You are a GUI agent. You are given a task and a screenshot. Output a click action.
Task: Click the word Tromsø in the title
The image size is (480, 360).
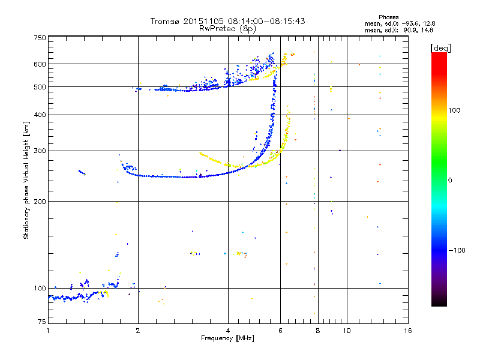[x=166, y=21]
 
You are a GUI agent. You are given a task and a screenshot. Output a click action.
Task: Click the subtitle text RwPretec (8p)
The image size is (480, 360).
[x=227, y=29]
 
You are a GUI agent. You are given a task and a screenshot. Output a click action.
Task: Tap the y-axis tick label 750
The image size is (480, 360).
[x=40, y=38]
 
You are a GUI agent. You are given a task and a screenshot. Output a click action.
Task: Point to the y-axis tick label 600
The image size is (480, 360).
[x=40, y=64]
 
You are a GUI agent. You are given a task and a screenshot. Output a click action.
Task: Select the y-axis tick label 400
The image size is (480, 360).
[x=40, y=115]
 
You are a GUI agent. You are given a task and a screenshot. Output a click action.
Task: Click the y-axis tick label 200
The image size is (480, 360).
[x=40, y=202]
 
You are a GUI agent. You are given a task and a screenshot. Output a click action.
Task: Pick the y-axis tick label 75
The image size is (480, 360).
[x=42, y=322]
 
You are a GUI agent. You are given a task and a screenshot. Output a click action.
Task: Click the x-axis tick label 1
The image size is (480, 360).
[x=48, y=331]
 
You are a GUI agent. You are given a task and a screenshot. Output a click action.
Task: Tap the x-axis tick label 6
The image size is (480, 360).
[x=280, y=331]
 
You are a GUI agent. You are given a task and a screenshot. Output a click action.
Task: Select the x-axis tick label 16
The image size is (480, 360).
[x=408, y=331]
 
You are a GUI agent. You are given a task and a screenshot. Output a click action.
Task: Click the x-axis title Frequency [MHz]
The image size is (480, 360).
[x=227, y=338]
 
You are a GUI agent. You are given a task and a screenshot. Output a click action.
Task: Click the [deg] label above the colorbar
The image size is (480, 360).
[x=440, y=49]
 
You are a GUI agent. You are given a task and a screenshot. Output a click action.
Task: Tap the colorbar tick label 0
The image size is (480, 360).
[x=450, y=181]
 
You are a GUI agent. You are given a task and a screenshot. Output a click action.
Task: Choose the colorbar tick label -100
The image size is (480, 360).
[x=457, y=250]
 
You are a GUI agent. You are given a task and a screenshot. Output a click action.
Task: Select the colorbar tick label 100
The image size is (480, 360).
[x=454, y=110]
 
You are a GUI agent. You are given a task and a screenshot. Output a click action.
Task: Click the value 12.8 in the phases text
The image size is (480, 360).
[x=429, y=23]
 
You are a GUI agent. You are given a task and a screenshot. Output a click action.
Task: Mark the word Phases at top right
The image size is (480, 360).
[x=388, y=17]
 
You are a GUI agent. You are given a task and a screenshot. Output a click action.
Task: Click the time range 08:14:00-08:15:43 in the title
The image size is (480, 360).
[x=266, y=21]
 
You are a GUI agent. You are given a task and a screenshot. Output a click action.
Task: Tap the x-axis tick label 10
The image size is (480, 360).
[x=347, y=331]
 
